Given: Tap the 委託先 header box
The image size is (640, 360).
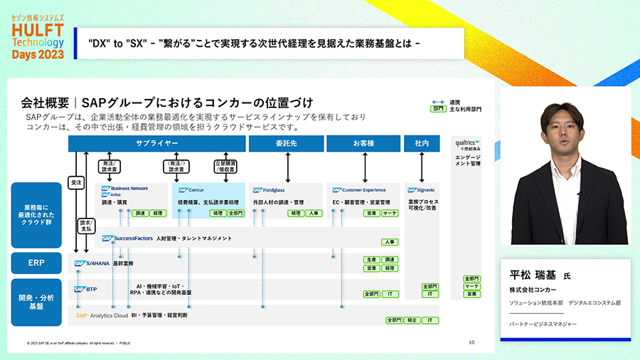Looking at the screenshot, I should pyautogui.click(x=283, y=143).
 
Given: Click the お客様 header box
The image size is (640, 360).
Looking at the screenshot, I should pyautogui.click(x=363, y=143).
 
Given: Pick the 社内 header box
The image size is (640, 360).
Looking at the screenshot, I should pyautogui.click(x=422, y=143).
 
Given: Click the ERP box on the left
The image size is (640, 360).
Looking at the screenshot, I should pyautogui.click(x=36, y=263).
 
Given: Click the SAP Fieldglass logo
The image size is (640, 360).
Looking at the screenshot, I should pyautogui.click(x=269, y=190).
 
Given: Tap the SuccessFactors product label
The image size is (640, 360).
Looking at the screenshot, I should pyautogui.click(x=127, y=238).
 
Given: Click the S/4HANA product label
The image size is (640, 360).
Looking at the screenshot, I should pyautogui.click(x=92, y=263).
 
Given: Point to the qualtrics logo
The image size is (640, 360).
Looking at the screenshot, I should pyautogui.click(x=467, y=143).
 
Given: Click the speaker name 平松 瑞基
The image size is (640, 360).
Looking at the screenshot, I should pyautogui.click(x=534, y=275).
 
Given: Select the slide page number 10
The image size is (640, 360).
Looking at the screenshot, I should pyautogui.click(x=471, y=342).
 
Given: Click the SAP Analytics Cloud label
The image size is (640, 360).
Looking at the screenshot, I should pyautogui.click(x=102, y=314).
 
